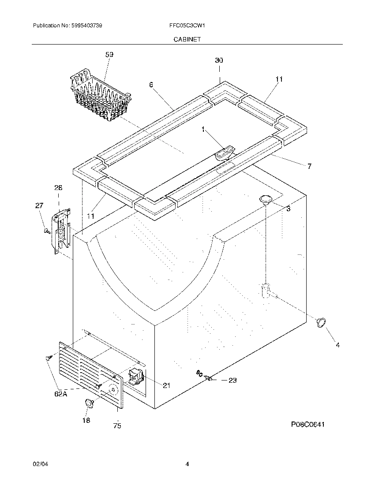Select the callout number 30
[219, 60]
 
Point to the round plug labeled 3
[266, 199]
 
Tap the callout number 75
[117, 425]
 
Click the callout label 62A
[61, 394]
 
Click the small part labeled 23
[209, 377]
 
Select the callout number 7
[309, 166]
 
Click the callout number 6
[151, 85]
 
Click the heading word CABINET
[187, 39]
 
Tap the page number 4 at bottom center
[187, 464]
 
